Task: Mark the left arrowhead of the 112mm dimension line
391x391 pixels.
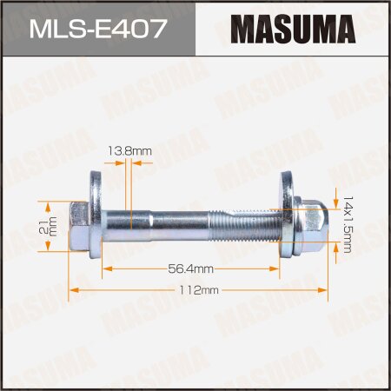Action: point(73,288)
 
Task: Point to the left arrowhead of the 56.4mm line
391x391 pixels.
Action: point(106,270)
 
